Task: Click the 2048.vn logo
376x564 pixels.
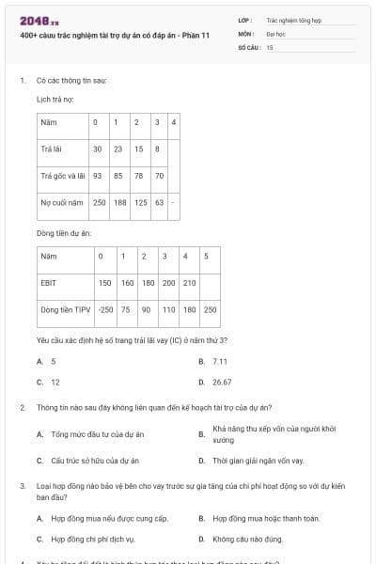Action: click(x=33, y=21)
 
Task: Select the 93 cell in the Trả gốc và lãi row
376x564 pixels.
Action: click(x=97, y=176)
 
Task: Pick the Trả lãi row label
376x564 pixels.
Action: click(x=51, y=149)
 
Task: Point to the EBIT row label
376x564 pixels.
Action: click(x=49, y=282)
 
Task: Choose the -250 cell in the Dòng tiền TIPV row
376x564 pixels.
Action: click(x=105, y=308)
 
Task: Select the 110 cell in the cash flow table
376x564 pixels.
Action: click(x=168, y=308)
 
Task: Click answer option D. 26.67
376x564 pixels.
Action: click(x=222, y=383)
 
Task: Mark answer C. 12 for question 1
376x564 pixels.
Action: click(x=55, y=383)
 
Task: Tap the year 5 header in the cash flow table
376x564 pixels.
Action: click(x=206, y=256)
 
